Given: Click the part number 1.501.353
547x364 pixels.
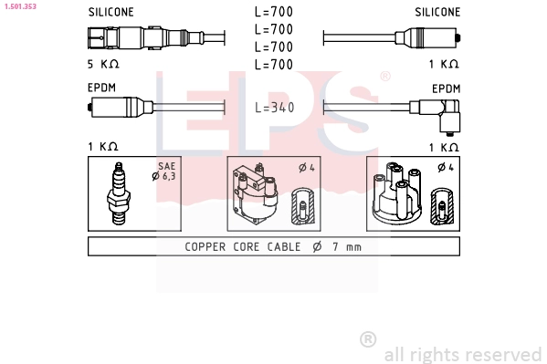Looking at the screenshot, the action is [20, 6].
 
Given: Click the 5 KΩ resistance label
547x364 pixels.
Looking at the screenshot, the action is [103, 64].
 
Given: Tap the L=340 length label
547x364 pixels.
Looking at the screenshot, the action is [275, 108].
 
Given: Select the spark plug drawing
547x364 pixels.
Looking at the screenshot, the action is [119, 193].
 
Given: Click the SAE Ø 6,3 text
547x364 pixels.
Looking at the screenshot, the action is [164, 172].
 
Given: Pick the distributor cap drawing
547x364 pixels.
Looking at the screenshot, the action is [397, 192].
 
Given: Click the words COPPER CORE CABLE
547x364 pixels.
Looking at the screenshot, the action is [243, 247].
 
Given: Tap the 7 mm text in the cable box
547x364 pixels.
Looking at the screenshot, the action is [347, 247].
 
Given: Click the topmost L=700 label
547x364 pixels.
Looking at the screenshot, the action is [274, 12].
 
